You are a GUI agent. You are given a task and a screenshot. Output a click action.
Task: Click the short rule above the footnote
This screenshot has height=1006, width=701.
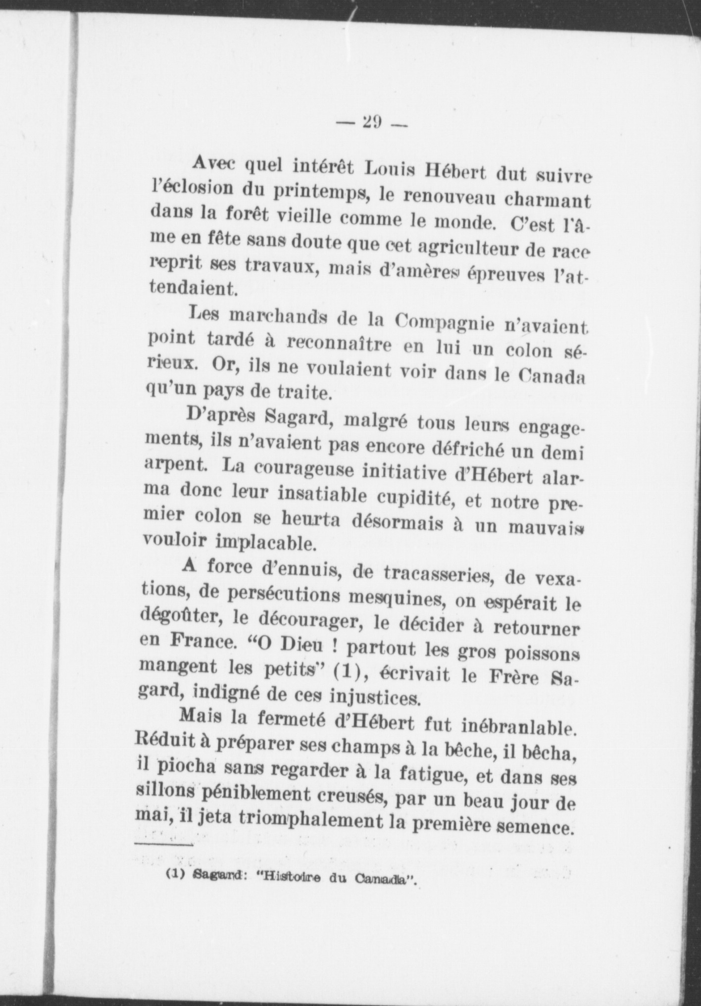pos(163,844)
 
